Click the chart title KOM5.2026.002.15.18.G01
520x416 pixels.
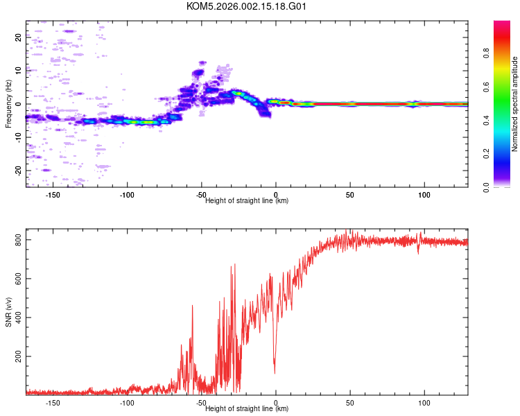pyautogui.click(x=246, y=6)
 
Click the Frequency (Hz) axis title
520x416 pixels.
pyautogui.click(x=8, y=104)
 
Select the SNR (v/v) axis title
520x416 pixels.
pyautogui.click(x=8, y=313)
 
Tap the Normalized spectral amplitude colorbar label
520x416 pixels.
pyautogui.click(x=514, y=104)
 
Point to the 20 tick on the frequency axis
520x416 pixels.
pyautogui.click(x=19, y=37)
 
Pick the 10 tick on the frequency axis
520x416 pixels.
pyautogui.click(x=19, y=71)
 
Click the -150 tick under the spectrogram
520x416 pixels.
pyautogui.click(x=52, y=194)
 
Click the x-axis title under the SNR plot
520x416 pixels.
pyautogui.click(x=247, y=409)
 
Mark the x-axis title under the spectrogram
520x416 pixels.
pyautogui.click(x=247, y=200)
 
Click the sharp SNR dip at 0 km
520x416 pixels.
pyautogui.click(x=275, y=372)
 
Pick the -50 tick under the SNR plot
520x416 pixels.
pyautogui.click(x=201, y=403)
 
